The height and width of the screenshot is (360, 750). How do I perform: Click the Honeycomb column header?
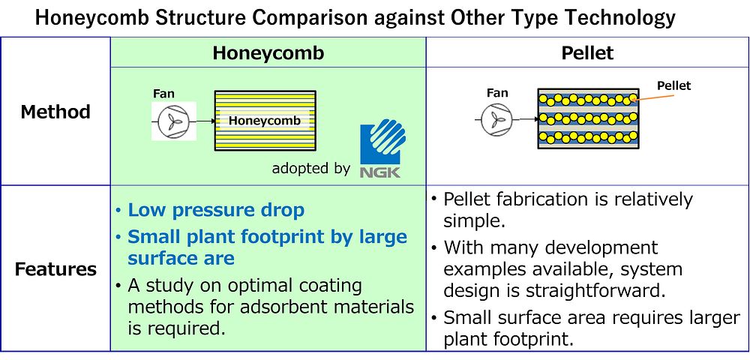click(268, 52)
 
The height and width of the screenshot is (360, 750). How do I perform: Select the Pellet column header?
click(587, 52)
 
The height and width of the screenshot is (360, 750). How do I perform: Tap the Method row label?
click(55, 112)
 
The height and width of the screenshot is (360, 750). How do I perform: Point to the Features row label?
click(55, 270)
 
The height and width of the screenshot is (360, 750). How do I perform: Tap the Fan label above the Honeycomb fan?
click(163, 94)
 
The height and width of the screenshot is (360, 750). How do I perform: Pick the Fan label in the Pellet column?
click(497, 93)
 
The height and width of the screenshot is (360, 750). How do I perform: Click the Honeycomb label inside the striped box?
click(265, 121)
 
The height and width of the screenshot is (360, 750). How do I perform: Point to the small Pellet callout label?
click(674, 86)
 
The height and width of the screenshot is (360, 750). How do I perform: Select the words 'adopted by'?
click(311, 169)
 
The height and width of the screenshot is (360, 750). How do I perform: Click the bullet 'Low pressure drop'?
click(216, 210)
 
